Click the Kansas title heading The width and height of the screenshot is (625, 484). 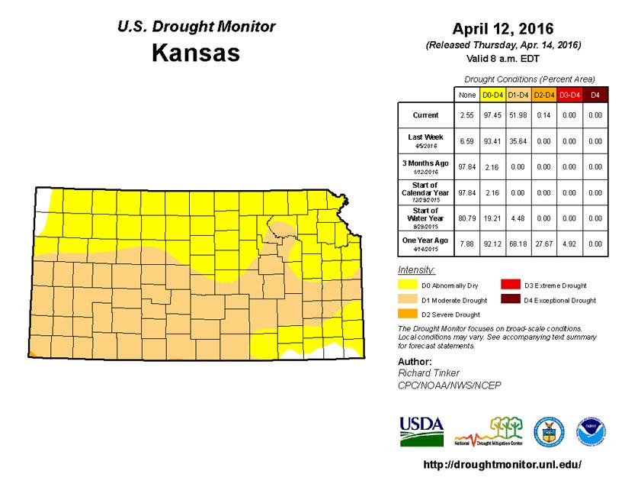pyautogui.click(x=196, y=54)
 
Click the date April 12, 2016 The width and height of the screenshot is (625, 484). pyautogui.click(x=503, y=30)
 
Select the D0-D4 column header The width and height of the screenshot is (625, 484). pyautogui.click(x=491, y=95)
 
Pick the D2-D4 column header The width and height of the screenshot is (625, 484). pyautogui.click(x=543, y=95)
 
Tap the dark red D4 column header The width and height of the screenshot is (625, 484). pyautogui.click(x=595, y=95)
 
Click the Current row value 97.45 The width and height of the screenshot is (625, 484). pyautogui.click(x=491, y=115)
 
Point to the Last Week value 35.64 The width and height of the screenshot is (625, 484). pyautogui.click(x=517, y=140)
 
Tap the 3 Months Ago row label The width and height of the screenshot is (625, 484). pyautogui.click(x=425, y=166)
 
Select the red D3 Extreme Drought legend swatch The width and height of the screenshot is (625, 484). pyautogui.click(x=509, y=286)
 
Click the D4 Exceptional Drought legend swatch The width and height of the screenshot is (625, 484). pyautogui.click(x=509, y=300)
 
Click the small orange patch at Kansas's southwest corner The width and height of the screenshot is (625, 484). pyautogui.click(x=30, y=353)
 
